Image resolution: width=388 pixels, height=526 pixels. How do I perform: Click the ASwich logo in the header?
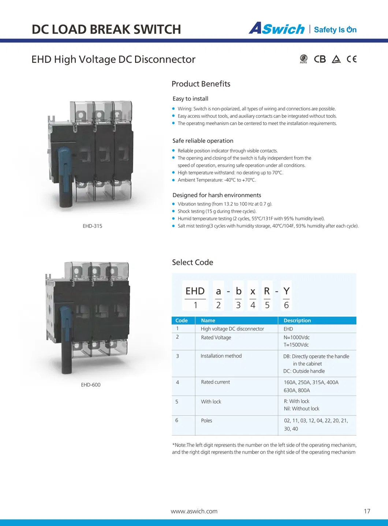click(x=277, y=29)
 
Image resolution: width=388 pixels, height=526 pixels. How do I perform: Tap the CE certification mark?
click(x=351, y=59)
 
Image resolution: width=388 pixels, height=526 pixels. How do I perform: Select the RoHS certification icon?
click(x=303, y=59)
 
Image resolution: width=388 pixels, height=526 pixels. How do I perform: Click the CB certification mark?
click(x=320, y=59)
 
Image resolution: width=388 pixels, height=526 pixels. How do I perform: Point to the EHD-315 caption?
click(x=92, y=226)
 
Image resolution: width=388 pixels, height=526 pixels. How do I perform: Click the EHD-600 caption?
click(x=91, y=385)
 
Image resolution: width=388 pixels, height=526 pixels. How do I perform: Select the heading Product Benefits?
click(x=201, y=84)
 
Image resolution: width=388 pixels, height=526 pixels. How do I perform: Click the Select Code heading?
click(x=193, y=262)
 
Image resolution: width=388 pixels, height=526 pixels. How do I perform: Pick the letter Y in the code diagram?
click(x=286, y=291)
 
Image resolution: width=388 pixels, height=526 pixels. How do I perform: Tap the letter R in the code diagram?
click(x=267, y=291)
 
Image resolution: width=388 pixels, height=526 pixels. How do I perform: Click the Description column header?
click(x=297, y=320)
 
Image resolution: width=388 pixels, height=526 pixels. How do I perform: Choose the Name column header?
click(x=208, y=320)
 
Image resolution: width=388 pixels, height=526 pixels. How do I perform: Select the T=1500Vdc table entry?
click(x=296, y=345)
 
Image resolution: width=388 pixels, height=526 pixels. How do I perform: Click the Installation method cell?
click(x=221, y=356)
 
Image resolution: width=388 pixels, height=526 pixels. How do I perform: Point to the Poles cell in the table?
click(x=206, y=420)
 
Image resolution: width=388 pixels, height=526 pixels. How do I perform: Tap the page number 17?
click(x=367, y=511)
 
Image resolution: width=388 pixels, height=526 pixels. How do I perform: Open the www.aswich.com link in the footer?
click(x=194, y=511)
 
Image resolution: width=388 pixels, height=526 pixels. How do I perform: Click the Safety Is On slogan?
click(x=335, y=30)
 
